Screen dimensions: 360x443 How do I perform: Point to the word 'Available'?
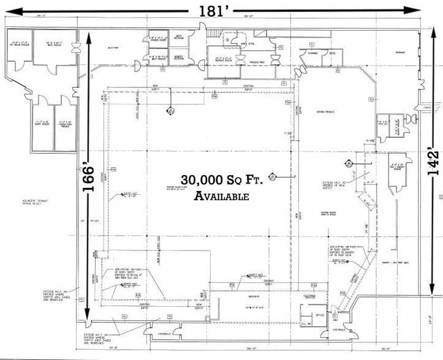[221, 197]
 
